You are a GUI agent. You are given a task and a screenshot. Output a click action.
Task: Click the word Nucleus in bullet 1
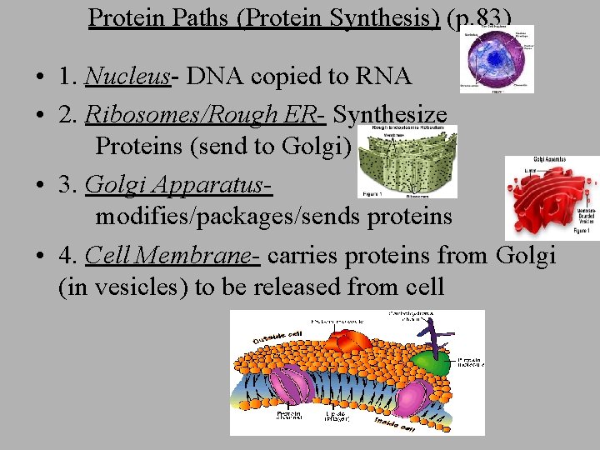127,77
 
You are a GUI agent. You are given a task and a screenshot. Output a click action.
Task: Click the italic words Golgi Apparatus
178,182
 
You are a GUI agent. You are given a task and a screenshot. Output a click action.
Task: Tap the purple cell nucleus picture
497,58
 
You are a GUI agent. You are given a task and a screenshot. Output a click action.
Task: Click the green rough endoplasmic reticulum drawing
407,162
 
